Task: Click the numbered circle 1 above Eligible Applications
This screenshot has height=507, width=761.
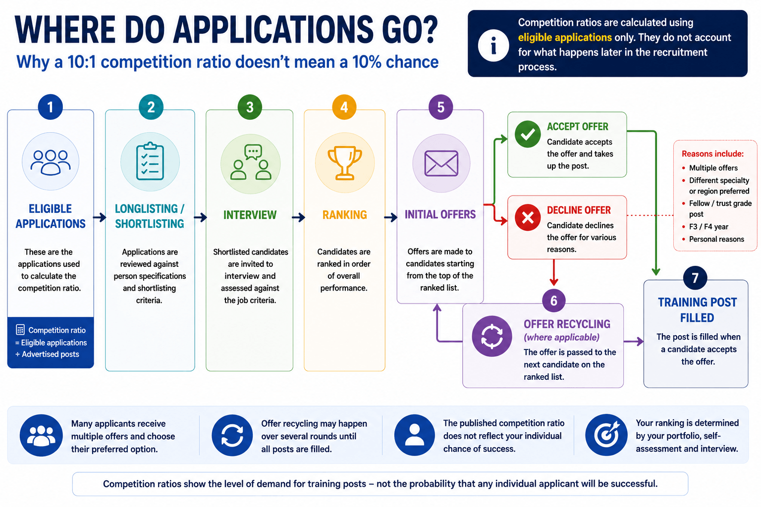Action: click(50, 107)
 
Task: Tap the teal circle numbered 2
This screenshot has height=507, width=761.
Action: click(151, 107)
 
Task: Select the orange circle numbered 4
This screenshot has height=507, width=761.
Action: click(344, 107)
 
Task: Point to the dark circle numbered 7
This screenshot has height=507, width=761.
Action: click(695, 278)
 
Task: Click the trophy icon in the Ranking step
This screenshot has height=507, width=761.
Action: click(345, 163)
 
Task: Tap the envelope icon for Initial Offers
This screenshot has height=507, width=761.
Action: click(441, 163)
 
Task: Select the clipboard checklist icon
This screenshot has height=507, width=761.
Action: click(150, 161)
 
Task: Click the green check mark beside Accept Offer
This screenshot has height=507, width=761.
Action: click(528, 134)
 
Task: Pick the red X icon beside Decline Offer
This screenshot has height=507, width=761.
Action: click(528, 218)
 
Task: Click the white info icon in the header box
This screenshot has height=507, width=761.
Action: click(493, 46)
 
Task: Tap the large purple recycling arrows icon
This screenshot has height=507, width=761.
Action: click(491, 336)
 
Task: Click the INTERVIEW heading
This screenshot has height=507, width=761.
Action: click(250, 215)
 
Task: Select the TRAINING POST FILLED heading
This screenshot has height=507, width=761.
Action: click(697, 310)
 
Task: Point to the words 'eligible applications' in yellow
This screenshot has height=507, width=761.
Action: click(565, 37)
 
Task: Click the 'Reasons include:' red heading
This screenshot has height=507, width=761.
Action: click(712, 154)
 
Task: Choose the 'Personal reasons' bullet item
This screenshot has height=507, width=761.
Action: click(716, 239)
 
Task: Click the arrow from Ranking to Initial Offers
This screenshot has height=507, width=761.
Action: click(391, 217)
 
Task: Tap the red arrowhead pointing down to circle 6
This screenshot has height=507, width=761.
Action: click(554, 282)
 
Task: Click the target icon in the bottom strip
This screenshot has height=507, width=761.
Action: click(606, 435)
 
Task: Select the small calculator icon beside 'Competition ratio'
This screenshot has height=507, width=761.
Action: click(20, 330)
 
